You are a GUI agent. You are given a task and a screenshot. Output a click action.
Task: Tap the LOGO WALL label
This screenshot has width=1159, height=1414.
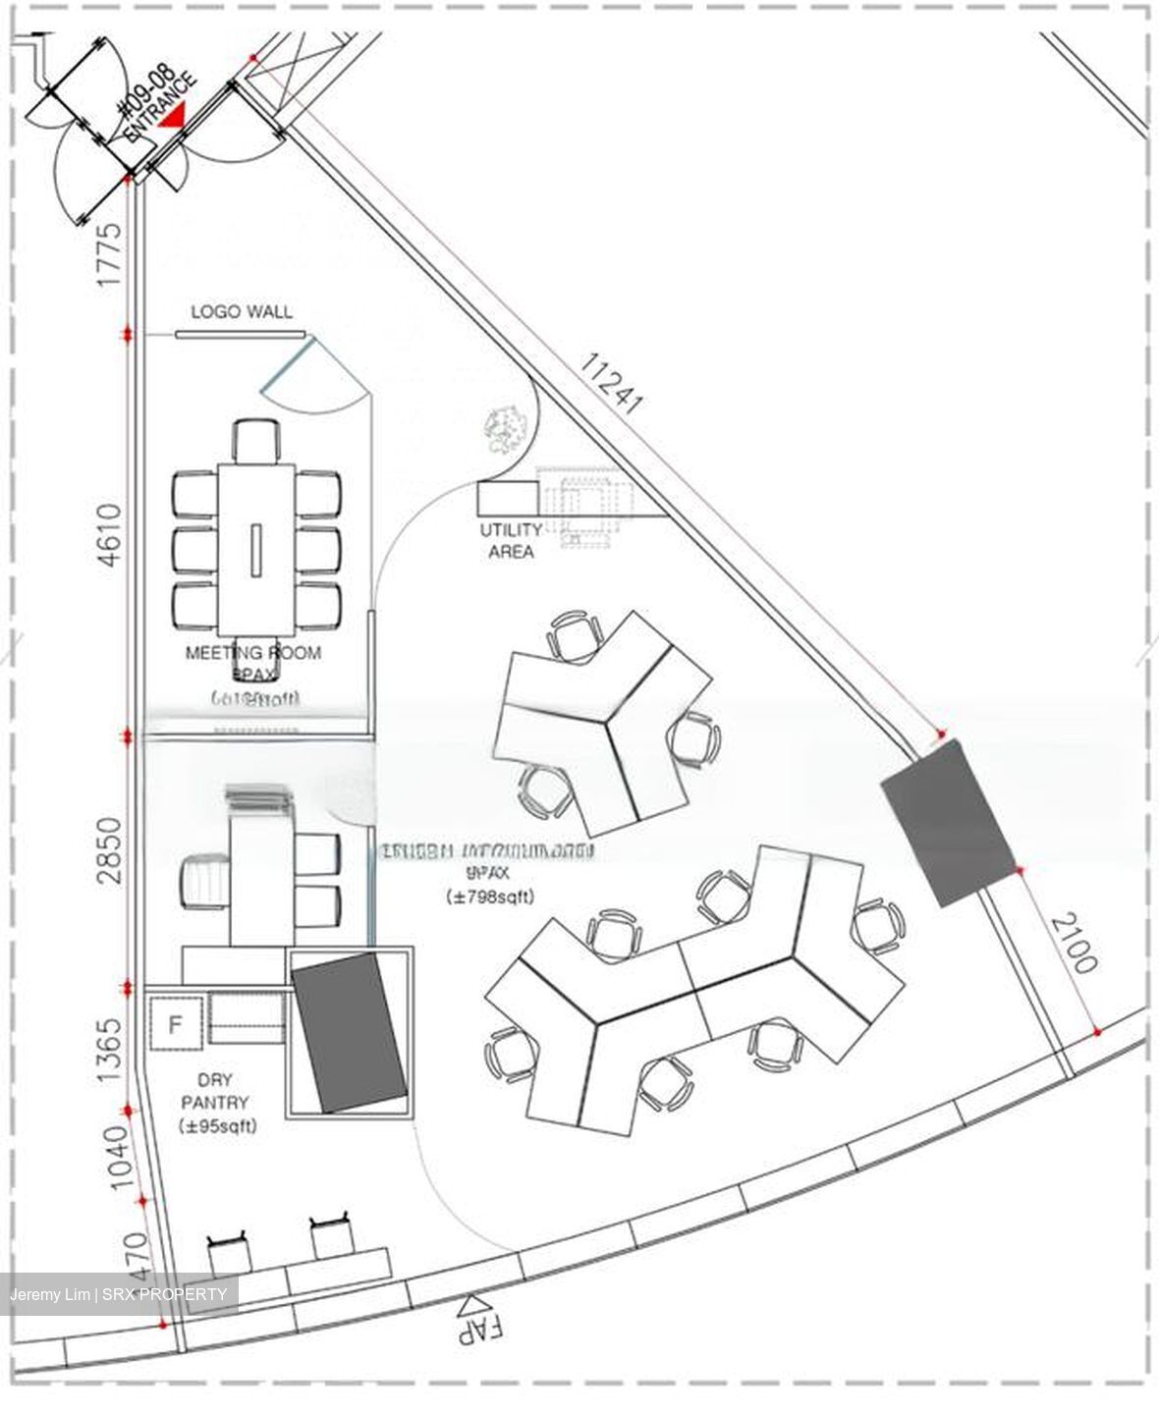point(241,311)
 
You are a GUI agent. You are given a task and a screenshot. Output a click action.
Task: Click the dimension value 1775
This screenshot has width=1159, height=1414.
point(109,254)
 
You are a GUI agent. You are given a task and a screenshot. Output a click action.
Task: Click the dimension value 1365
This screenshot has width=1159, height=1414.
point(109,1049)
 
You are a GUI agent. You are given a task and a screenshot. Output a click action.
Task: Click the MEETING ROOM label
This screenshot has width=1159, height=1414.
point(253,652)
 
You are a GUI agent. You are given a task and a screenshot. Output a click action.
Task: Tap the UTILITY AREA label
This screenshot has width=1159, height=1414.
point(510,540)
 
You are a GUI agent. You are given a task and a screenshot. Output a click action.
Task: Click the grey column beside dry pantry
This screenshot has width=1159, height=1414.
point(350,1031)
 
